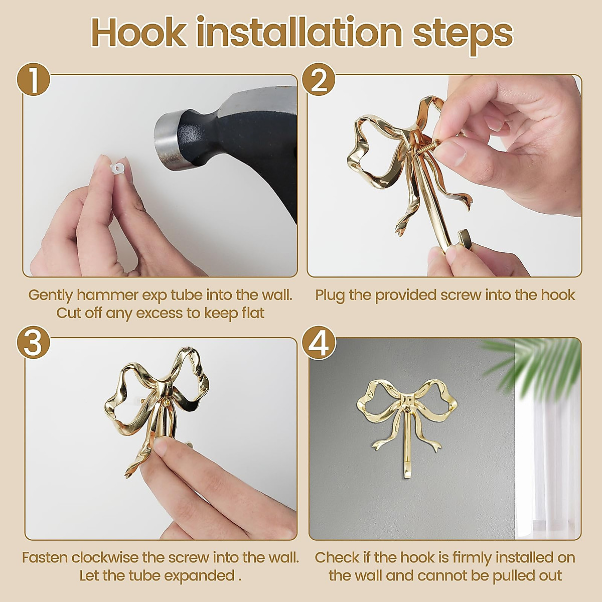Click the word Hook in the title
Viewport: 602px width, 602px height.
pyautogui.click(x=138, y=33)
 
